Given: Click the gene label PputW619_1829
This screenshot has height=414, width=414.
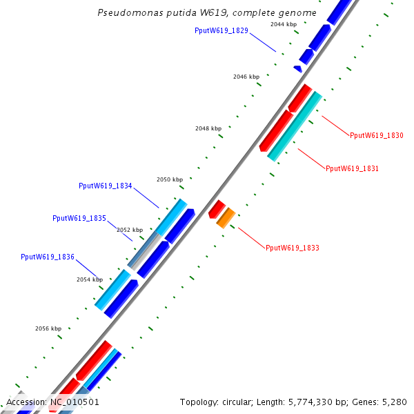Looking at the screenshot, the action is tap(221, 31).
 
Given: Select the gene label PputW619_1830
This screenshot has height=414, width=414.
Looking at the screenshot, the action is tap(376, 135).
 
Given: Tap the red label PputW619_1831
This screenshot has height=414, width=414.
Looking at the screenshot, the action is tap(352, 168).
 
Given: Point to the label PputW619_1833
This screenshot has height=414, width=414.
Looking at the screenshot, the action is tap(292, 248).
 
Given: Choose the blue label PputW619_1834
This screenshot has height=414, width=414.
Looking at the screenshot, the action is tap(105, 186).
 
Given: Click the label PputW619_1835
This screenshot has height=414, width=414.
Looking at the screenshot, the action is tap(79, 218).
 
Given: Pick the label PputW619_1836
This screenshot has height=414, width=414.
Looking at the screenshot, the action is tap(48, 257).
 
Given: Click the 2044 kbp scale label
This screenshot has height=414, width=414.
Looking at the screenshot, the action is tap(283, 24).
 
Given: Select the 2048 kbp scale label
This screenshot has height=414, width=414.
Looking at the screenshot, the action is tap(208, 128).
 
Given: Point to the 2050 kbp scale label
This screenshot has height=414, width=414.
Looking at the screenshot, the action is tap(170, 179).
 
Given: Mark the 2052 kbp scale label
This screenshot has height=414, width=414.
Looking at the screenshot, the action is tap(130, 230).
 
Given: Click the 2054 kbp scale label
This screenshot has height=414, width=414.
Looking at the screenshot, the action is tap(89, 279).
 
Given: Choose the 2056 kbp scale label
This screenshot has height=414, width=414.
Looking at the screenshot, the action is tap(48, 328).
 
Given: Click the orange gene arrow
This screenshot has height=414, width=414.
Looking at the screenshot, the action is tap(226, 217).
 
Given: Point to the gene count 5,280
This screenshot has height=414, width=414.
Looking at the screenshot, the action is tap(395, 402).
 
